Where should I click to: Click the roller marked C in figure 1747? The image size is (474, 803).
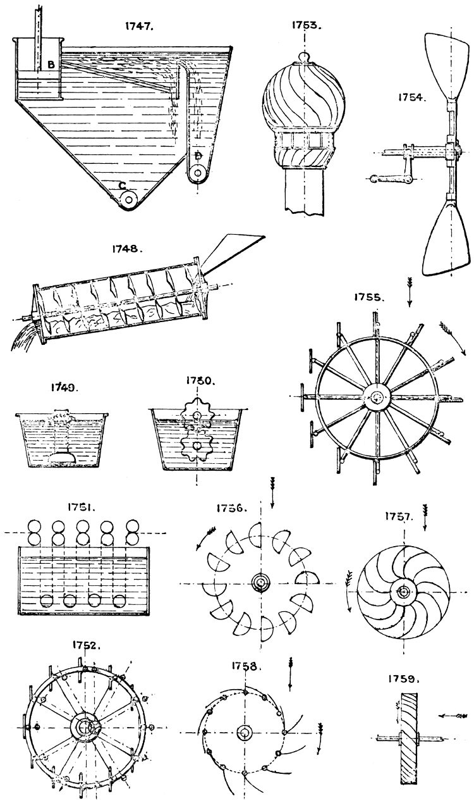click(130, 198)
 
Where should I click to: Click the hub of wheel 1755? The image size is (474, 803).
click(377, 397)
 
